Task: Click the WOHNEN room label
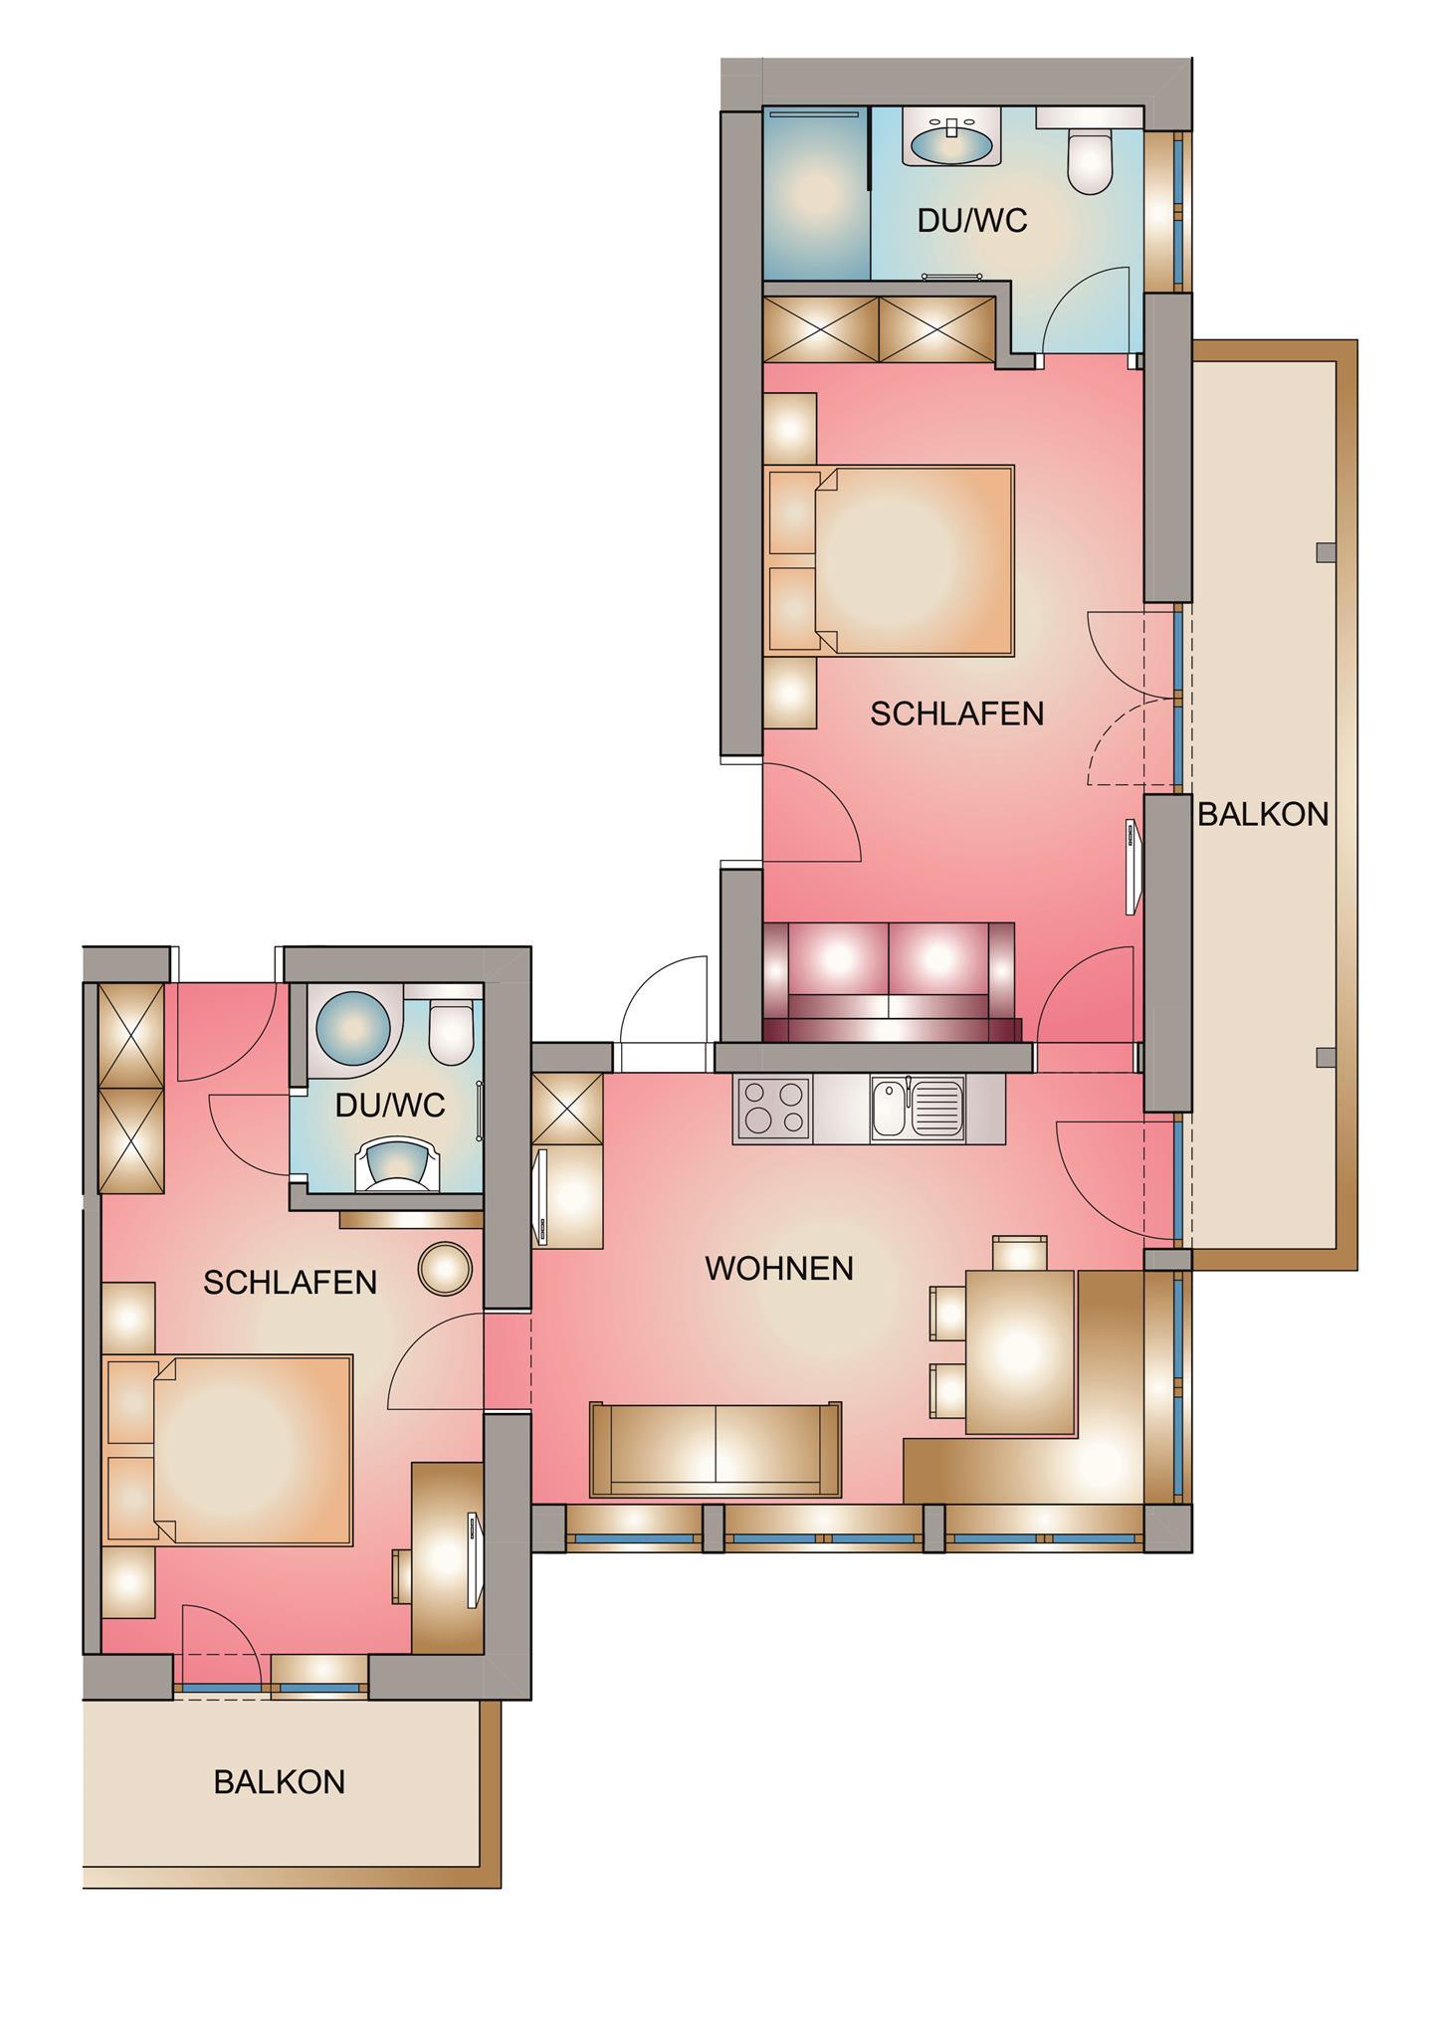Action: coord(779,1268)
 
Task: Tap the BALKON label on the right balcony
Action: coord(1263,814)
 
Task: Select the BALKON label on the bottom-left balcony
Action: coord(280,1781)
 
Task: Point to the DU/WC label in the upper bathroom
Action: coord(971,221)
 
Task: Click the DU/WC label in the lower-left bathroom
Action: coord(390,1105)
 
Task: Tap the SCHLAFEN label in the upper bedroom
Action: coord(957,713)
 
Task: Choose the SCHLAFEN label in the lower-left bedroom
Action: coord(291,1283)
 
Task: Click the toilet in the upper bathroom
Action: coord(1089,154)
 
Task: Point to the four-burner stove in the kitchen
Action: coord(773,1109)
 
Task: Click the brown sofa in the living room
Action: coord(716,1449)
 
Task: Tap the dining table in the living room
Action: coord(1021,1352)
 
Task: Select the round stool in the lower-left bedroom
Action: coord(444,1269)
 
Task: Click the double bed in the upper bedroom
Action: coord(892,559)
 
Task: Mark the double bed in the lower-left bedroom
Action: coord(230,1450)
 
